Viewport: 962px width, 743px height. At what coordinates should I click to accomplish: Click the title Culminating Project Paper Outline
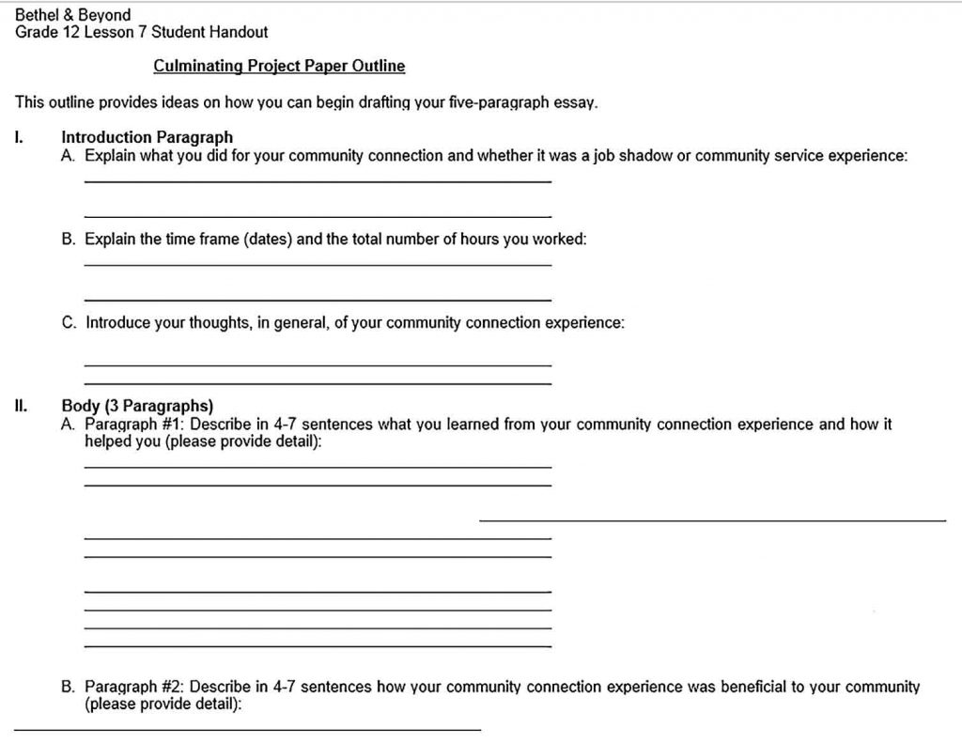coord(279,66)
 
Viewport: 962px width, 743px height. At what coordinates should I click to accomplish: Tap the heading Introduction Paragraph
coord(147,138)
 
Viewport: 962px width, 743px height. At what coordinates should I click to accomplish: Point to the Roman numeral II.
coord(20,407)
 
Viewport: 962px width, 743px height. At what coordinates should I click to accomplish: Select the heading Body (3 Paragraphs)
coord(137,407)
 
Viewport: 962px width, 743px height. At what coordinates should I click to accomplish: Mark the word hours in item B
coord(478,239)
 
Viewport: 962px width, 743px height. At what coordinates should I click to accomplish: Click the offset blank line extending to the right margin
coord(712,519)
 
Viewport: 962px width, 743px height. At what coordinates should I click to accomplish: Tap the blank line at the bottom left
coord(247,729)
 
